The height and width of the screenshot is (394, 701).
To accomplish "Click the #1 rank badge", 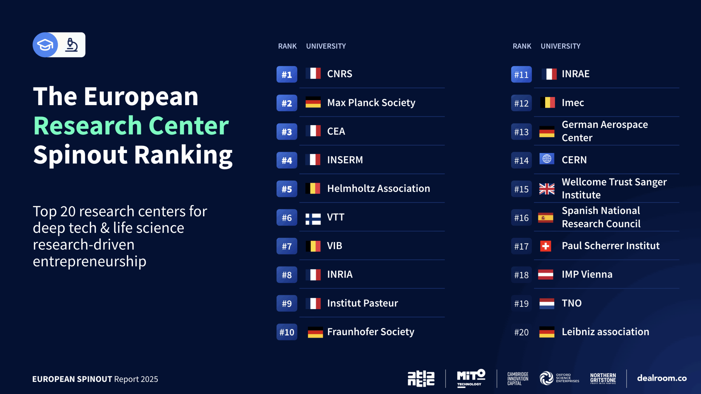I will pyautogui.click(x=287, y=74).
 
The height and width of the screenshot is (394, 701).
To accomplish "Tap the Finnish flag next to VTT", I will pyautogui.click(x=313, y=219).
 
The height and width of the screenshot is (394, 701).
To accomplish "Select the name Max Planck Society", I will pyautogui.click(x=371, y=103).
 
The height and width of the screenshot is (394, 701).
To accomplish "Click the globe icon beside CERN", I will pyautogui.click(x=547, y=159).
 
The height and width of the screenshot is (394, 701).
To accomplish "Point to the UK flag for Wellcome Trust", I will pyautogui.click(x=547, y=189).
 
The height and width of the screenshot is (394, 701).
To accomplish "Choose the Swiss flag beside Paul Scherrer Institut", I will pyautogui.click(x=545, y=246).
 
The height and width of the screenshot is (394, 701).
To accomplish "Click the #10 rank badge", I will pyautogui.click(x=287, y=332).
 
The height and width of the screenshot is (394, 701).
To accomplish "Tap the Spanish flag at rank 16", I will pyautogui.click(x=545, y=218).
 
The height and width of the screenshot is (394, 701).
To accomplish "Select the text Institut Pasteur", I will pyautogui.click(x=362, y=303).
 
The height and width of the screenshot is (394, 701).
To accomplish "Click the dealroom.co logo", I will pyautogui.click(x=662, y=378).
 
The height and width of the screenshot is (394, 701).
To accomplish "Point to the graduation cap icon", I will pyautogui.click(x=45, y=45).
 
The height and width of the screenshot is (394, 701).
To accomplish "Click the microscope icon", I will pyautogui.click(x=71, y=45).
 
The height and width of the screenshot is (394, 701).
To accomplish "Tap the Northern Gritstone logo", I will pyautogui.click(x=603, y=378).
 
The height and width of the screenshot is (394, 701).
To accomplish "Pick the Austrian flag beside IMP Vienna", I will pyautogui.click(x=545, y=274).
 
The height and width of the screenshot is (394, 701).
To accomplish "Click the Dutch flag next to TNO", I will pyautogui.click(x=547, y=303).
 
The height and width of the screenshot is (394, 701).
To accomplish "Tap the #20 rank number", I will pyautogui.click(x=521, y=332).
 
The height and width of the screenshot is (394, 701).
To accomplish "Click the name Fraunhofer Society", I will pyautogui.click(x=370, y=332).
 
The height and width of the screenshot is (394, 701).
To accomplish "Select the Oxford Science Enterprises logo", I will pyautogui.click(x=559, y=378).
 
